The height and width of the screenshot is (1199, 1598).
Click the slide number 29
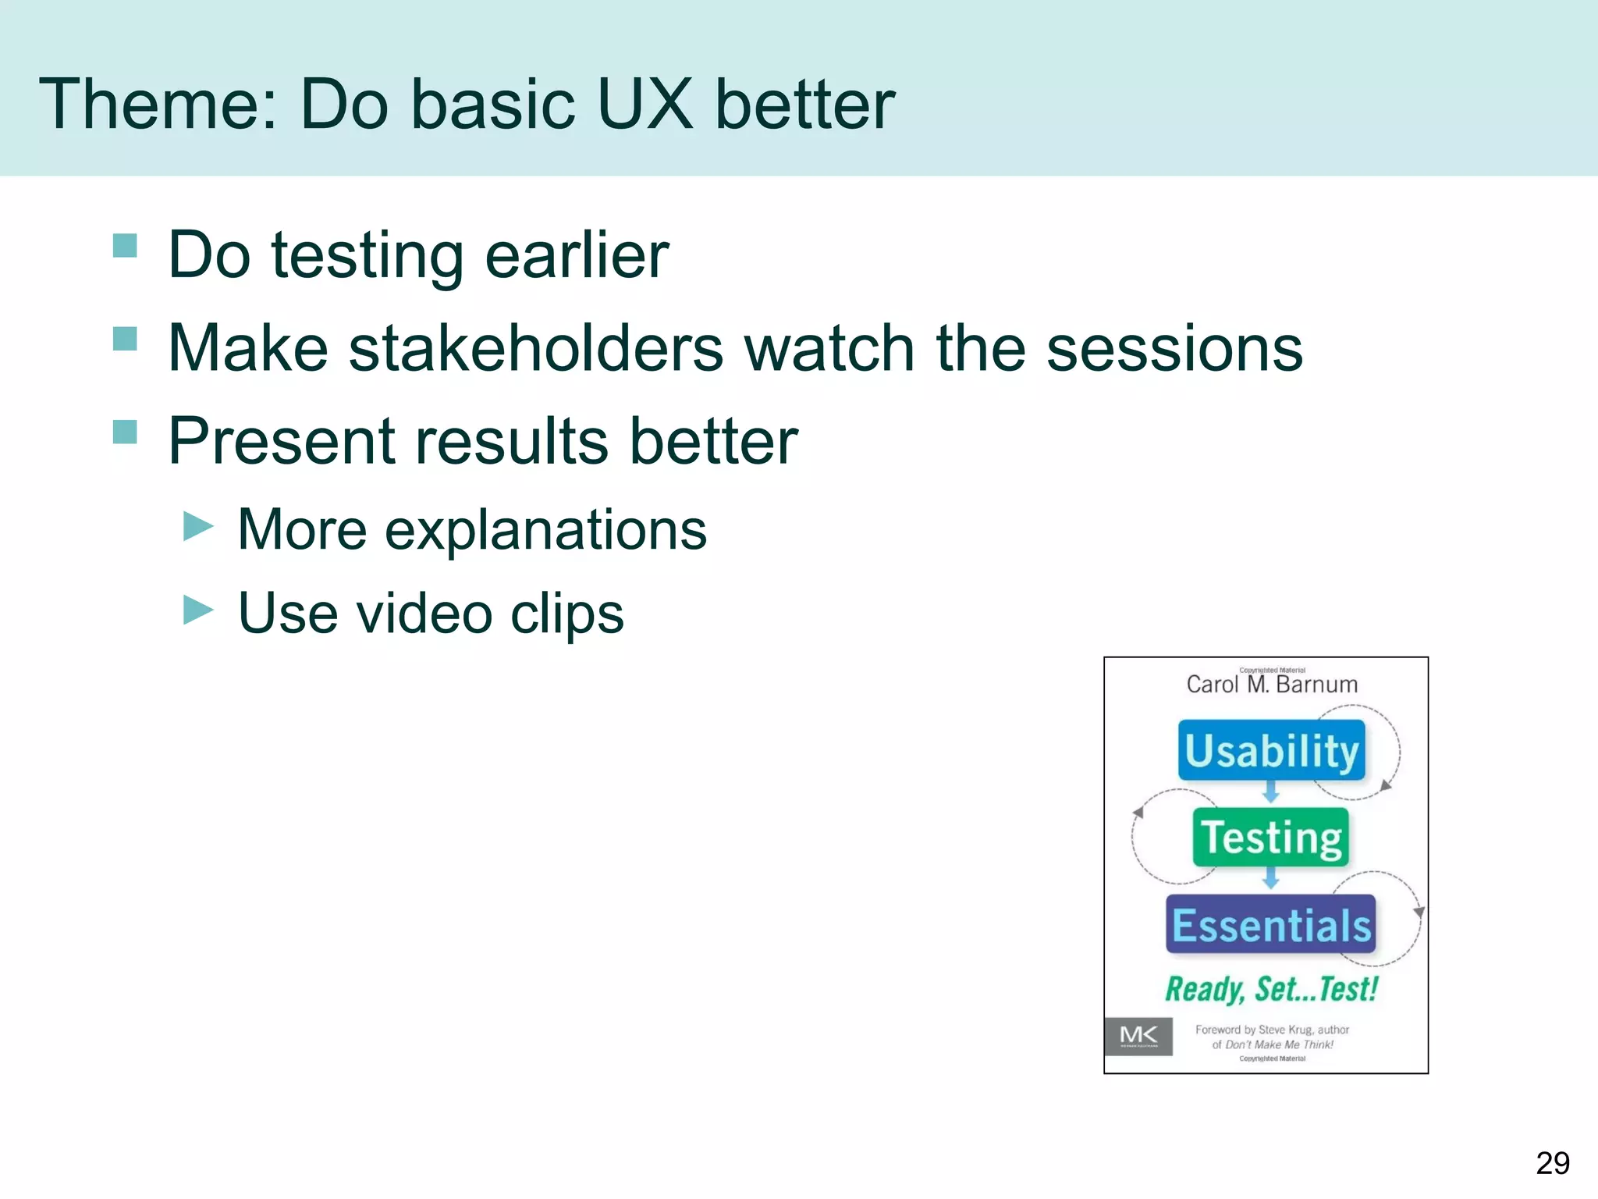(x=1552, y=1163)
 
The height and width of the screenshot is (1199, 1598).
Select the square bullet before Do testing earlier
(x=125, y=246)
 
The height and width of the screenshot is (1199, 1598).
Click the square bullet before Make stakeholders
(x=125, y=339)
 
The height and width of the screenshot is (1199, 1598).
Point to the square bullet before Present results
(x=125, y=432)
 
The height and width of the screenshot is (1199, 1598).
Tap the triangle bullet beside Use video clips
(x=198, y=610)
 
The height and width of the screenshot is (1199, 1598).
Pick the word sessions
(x=1174, y=348)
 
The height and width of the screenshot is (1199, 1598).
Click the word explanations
(x=545, y=530)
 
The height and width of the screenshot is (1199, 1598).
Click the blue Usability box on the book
(x=1271, y=751)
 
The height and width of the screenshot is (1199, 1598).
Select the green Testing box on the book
(x=1270, y=838)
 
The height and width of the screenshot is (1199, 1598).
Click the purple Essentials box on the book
(x=1270, y=925)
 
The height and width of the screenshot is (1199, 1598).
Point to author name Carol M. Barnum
(x=1272, y=685)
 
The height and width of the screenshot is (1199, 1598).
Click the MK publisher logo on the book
(x=1138, y=1037)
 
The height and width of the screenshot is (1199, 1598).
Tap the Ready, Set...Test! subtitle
(x=1271, y=989)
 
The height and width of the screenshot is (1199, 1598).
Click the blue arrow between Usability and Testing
(x=1271, y=793)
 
